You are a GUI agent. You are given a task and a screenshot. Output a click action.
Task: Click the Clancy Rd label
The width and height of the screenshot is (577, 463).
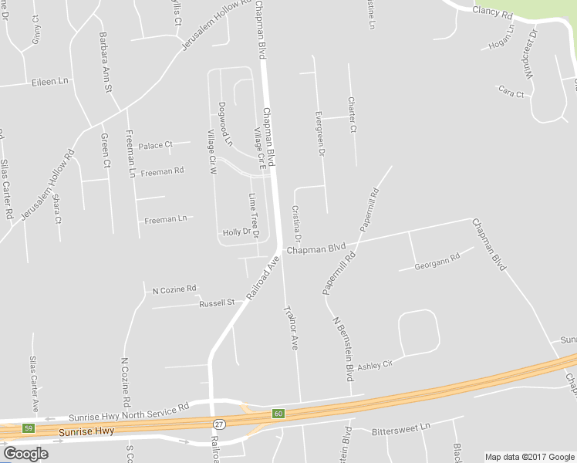pyautogui.click(x=493, y=13)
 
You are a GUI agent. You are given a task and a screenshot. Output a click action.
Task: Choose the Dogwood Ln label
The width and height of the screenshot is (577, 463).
pyautogui.click(x=224, y=123)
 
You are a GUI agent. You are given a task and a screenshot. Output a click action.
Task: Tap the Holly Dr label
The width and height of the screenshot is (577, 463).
pyautogui.click(x=238, y=232)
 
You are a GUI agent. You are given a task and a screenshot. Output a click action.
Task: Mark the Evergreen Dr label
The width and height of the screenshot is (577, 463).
pyautogui.click(x=319, y=135)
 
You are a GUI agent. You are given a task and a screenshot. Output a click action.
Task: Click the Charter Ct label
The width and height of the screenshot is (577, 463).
pyautogui.click(x=352, y=113)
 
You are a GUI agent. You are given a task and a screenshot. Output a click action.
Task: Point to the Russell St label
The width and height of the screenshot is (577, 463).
pyautogui.click(x=217, y=303)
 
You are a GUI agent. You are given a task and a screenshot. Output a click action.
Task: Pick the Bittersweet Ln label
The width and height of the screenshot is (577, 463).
pyautogui.click(x=401, y=427)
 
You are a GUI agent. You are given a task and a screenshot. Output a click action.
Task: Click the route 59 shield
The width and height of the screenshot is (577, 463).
pyautogui.click(x=29, y=428)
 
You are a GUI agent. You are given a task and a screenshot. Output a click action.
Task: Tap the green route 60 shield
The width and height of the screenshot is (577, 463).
pyautogui.click(x=278, y=414)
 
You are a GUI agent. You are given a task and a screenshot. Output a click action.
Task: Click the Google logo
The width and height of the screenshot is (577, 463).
pyautogui.click(x=25, y=453)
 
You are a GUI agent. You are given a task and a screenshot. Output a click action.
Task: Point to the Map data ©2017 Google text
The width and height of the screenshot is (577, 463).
pyautogui.click(x=529, y=457)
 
